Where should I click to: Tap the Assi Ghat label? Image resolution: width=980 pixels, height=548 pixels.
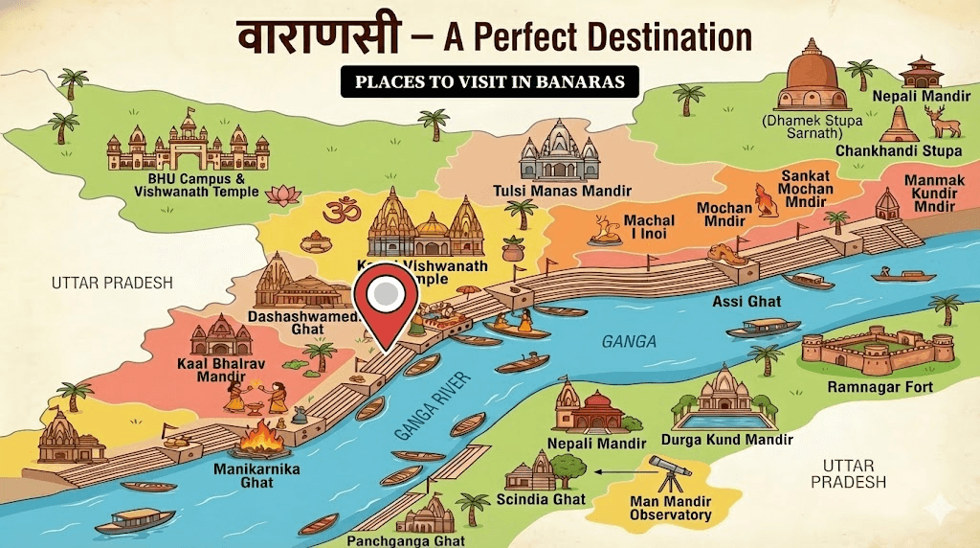(x=746, y=302)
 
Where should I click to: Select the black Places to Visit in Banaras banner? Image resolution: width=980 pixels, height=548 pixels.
(x=489, y=82)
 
